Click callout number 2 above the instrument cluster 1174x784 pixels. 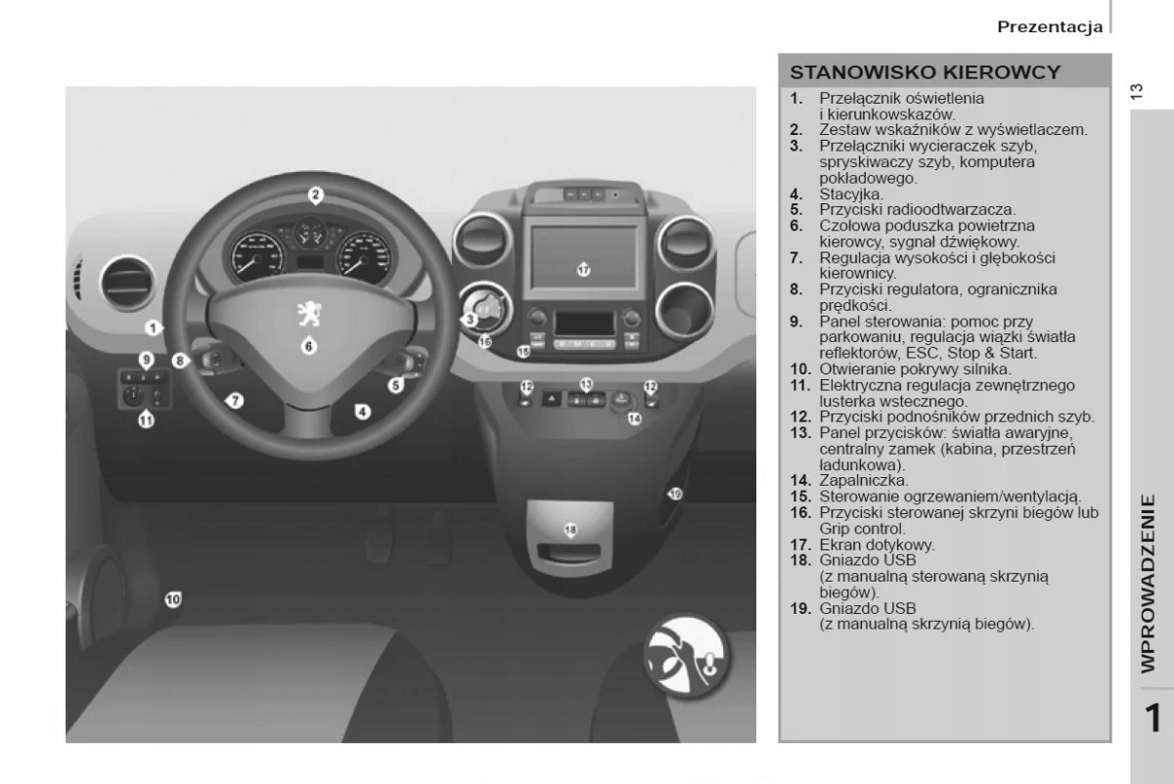coord(315,195)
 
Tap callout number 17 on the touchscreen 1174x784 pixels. coord(584,269)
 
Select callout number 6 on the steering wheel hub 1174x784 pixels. coord(308,345)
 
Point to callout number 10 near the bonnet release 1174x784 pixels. coord(173,598)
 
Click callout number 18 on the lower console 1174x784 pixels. coord(570,529)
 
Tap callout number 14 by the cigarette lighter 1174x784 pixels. coord(634,418)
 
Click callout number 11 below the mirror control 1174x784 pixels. coord(146,421)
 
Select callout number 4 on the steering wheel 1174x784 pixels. coord(363,412)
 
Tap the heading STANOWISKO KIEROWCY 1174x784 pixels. coord(926,72)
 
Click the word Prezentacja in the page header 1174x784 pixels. coord(1050,26)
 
